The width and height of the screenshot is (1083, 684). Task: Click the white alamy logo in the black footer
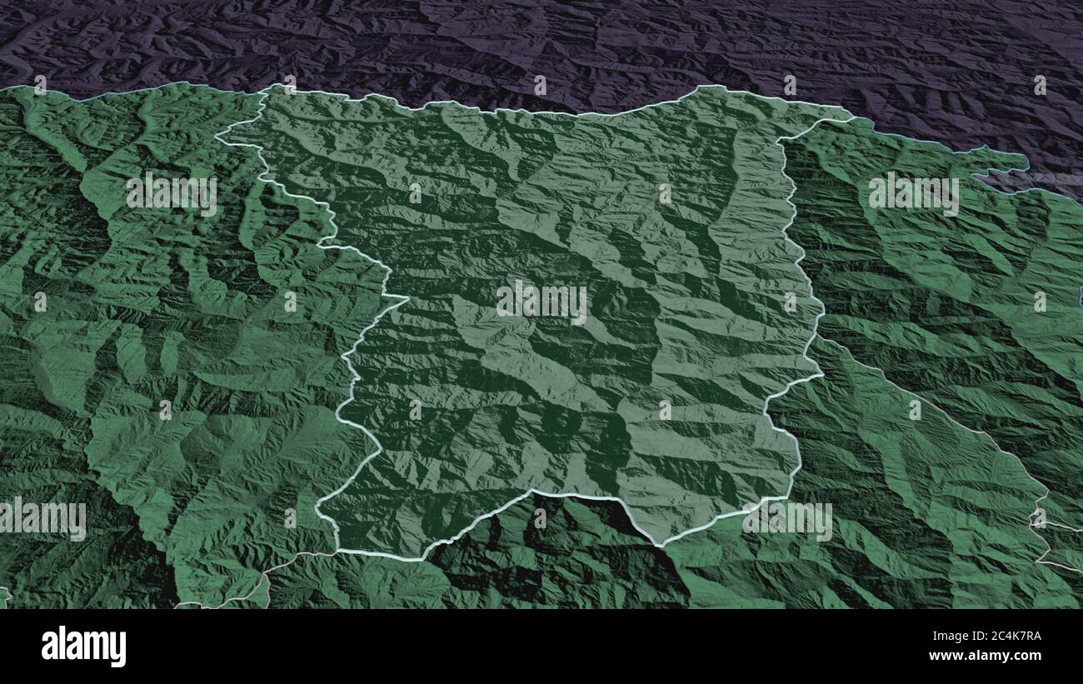click(83, 646)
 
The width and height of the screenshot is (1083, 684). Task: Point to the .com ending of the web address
click(1026, 656)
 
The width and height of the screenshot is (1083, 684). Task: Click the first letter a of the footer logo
click(49, 647)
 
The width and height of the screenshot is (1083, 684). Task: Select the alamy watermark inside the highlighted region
click(541, 302)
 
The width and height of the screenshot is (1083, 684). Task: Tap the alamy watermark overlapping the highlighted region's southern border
click(786, 520)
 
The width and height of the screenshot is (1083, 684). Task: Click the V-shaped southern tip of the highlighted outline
click(661, 546)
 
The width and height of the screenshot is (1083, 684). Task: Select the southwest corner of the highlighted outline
click(337, 551)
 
